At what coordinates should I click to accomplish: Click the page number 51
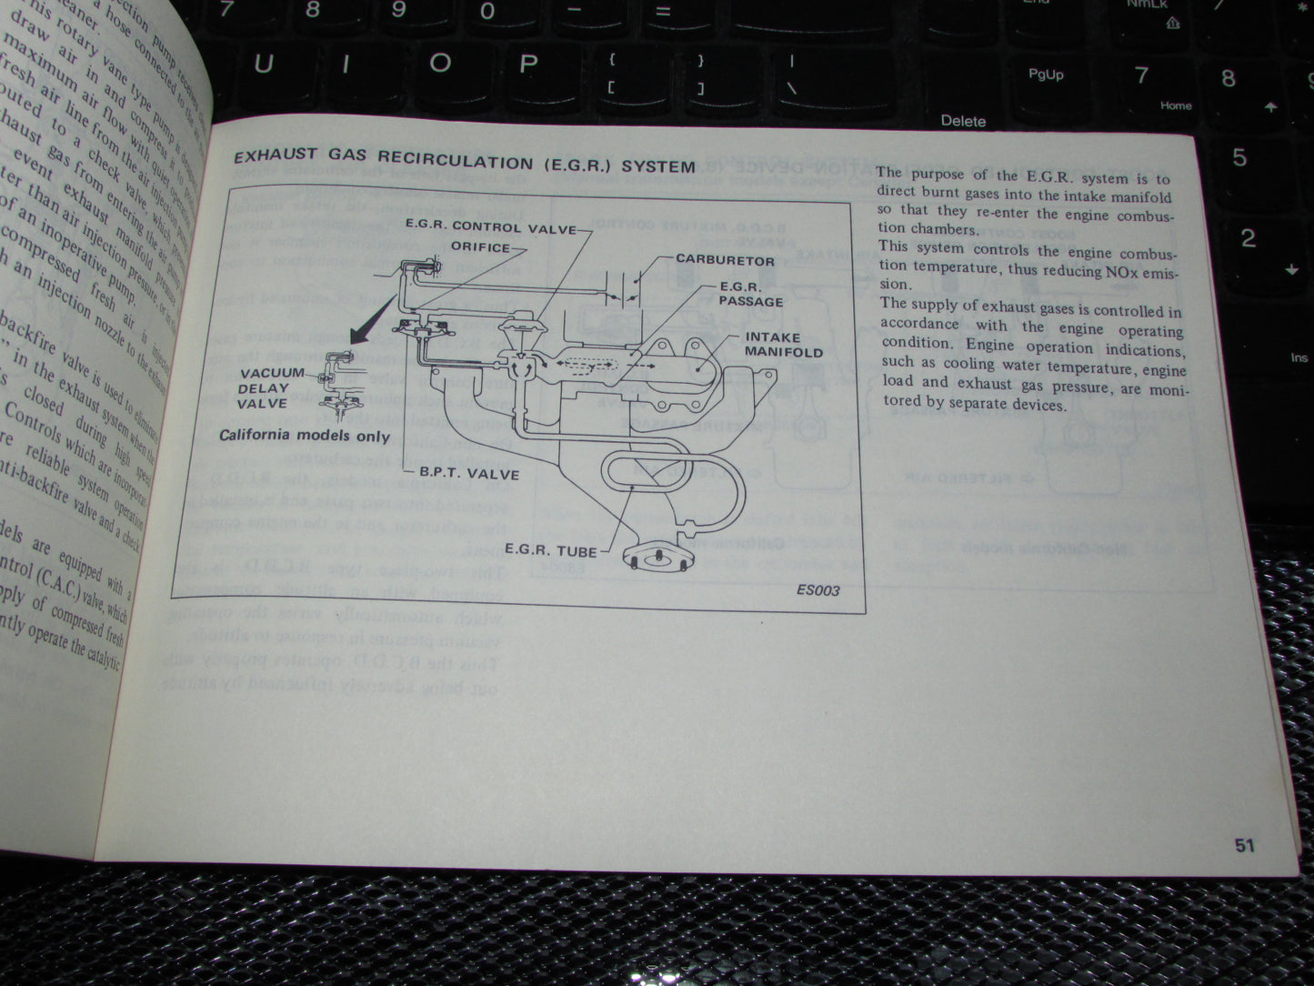coord(1244,845)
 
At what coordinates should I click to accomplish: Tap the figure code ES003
coord(817,590)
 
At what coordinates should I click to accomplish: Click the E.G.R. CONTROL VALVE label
coord(491,227)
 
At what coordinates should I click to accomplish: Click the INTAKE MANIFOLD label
coord(783,345)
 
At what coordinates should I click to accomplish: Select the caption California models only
coord(304,435)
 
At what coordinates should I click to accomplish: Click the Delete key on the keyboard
coord(963,121)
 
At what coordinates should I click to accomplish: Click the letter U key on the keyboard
coord(263,65)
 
